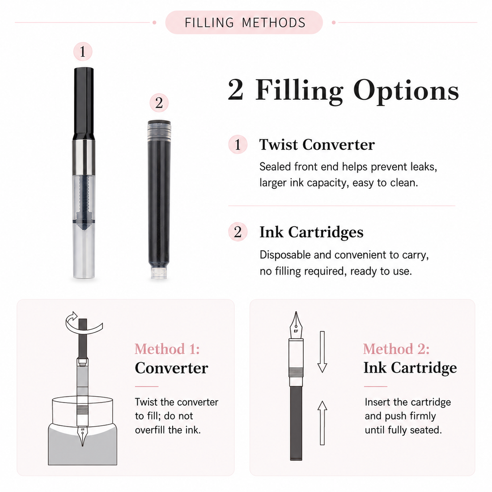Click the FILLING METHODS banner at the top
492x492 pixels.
tap(244, 23)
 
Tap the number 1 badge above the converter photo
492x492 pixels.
tap(83, 51)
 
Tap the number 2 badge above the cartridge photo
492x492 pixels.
tap(159, 103)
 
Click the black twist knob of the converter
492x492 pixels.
tap(84, 104)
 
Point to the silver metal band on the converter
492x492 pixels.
tap(84, 157)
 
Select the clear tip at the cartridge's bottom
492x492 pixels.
tap(159, 272)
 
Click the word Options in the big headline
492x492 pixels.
tap(406, 90)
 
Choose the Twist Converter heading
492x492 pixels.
tap(317, 144)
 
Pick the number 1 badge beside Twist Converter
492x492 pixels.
tap(238, 144)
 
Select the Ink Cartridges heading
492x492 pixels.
tap(311, 232)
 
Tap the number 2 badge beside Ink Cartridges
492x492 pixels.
tap(238, 232)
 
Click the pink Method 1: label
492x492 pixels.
tap(167, 349)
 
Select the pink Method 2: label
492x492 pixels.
tap(396, 349)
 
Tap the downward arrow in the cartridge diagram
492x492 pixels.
tap(322, 352)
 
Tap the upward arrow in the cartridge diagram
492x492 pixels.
tap(322, 423)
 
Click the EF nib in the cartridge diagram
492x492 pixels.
tap(296, 325)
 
